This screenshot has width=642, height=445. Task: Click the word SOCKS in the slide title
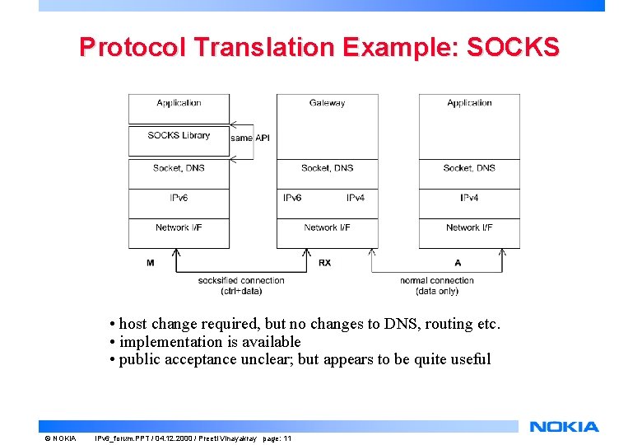coord(513,46)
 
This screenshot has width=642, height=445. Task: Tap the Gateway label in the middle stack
coord(327,103)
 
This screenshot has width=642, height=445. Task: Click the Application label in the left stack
coord(179,103)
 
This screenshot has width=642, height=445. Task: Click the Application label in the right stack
coord(469,103)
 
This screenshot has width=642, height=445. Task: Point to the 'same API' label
coord(250,138)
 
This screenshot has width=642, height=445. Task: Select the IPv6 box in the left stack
coord(179,198)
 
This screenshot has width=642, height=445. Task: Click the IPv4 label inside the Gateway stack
coord(356,198)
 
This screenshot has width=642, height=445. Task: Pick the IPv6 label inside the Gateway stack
coord(292,198)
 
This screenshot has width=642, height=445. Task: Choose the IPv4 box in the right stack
coord(469,198)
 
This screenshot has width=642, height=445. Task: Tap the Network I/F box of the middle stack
coord(327,227)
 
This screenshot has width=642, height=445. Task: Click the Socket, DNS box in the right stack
coord(469,168)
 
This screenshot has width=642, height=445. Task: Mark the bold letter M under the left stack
coord(150,263)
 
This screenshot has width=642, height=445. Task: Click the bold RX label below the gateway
coord(324,263)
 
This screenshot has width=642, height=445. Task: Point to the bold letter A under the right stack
coord(458,263)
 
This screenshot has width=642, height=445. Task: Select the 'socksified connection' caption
coord(241,280)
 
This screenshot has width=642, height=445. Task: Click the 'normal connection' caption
coord(437,280)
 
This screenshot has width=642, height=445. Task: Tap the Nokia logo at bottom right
coord(564,426)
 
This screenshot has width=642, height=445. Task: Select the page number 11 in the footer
coord(287,438)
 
